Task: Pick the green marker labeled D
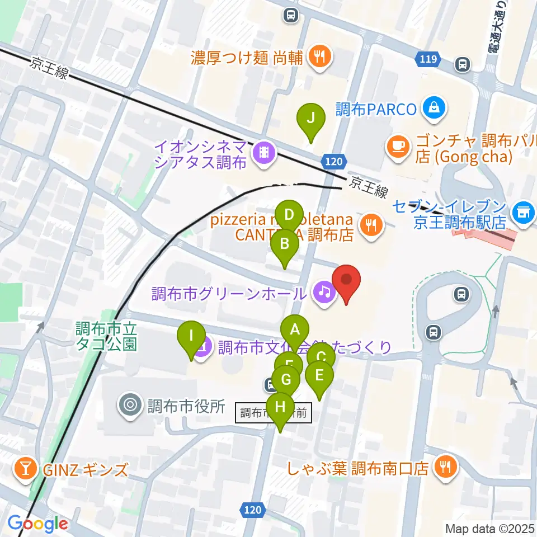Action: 289,215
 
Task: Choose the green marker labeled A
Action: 294,330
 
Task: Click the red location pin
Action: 346,280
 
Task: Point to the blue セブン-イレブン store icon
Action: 524,212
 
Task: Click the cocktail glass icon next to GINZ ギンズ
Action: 25,466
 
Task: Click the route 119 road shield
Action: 427,59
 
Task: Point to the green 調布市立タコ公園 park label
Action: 107,335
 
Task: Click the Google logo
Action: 37,524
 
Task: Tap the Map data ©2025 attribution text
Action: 490,528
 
